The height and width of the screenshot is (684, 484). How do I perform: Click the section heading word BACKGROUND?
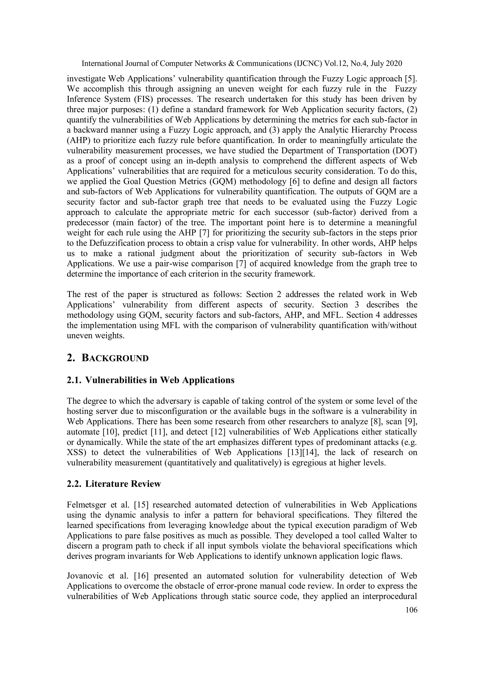pos(115,358)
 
